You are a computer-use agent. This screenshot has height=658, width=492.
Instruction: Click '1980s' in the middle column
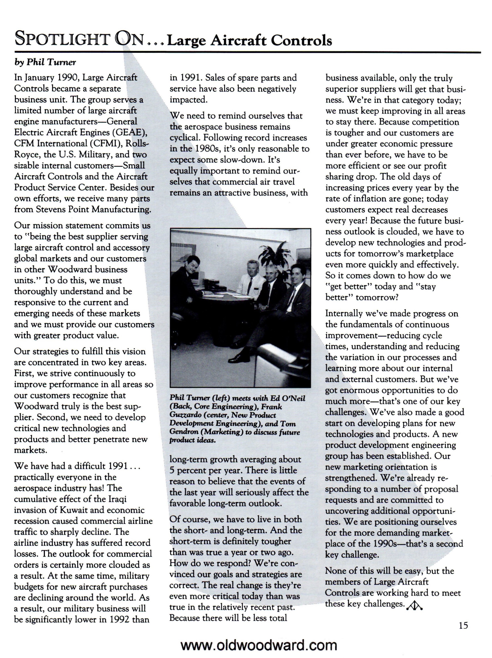(207, 149)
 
